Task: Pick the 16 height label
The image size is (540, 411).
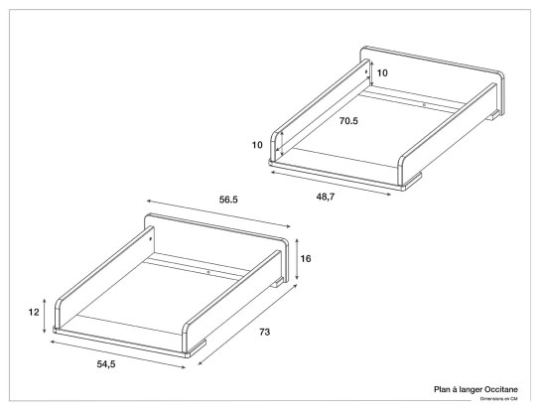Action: coord(306,258)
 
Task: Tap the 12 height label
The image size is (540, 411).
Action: coord(34,312)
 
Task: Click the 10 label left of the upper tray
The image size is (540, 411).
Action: coord(257,145)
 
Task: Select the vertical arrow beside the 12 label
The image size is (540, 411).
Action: coord(47,314)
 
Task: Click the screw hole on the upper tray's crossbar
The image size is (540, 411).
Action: coord(424,104)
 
